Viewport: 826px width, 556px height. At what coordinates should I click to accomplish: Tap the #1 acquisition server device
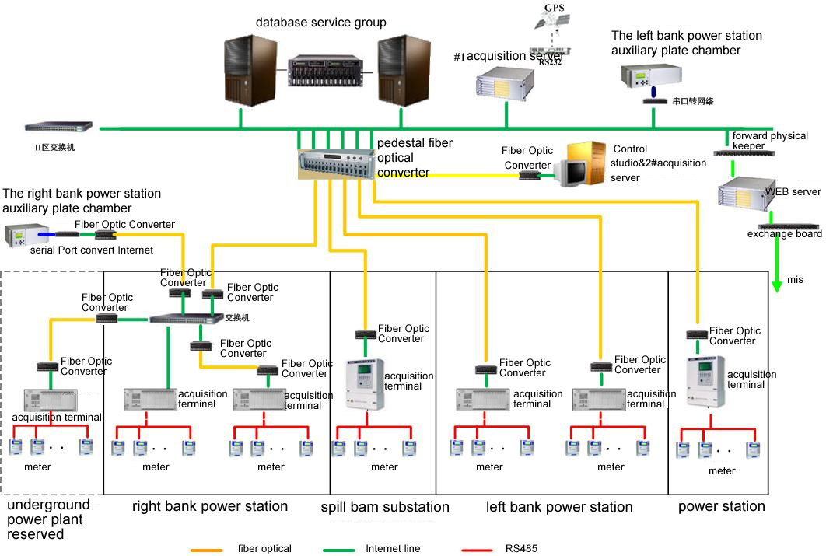tap(506, 84)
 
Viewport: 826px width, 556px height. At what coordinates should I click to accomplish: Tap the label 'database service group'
tap(320, 23)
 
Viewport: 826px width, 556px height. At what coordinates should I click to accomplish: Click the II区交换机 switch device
tap(58, 127)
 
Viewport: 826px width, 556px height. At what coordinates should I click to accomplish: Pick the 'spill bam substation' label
tap(385, 507)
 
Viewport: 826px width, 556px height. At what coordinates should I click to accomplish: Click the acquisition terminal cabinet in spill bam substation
tap(365, 385)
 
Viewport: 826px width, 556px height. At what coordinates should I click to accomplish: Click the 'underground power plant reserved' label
tap(48, 519)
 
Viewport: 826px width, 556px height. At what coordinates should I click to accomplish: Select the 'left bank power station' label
tap(558, 507)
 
